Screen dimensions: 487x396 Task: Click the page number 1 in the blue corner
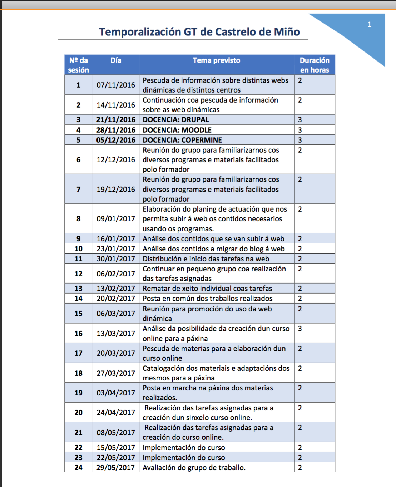369,25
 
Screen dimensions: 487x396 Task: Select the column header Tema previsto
217,60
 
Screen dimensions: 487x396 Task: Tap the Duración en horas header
315,65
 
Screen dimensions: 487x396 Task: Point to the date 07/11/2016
116,85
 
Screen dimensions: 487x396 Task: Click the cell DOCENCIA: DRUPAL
176,120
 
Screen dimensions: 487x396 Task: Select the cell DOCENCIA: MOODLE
177,130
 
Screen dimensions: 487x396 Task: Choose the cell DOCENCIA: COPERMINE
182,140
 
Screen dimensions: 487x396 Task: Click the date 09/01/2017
116,219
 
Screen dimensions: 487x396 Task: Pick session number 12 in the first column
79,274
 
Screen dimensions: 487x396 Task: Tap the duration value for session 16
300,329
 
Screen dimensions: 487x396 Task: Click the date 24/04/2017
116,413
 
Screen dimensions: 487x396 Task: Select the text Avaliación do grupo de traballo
194,468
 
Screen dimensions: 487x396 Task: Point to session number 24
79,468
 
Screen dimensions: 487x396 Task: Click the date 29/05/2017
116,468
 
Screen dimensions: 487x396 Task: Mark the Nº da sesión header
79,65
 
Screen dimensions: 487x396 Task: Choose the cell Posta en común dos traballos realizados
208,299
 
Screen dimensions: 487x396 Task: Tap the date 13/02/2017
116,289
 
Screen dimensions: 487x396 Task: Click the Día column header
116,60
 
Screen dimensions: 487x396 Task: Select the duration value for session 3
300,120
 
